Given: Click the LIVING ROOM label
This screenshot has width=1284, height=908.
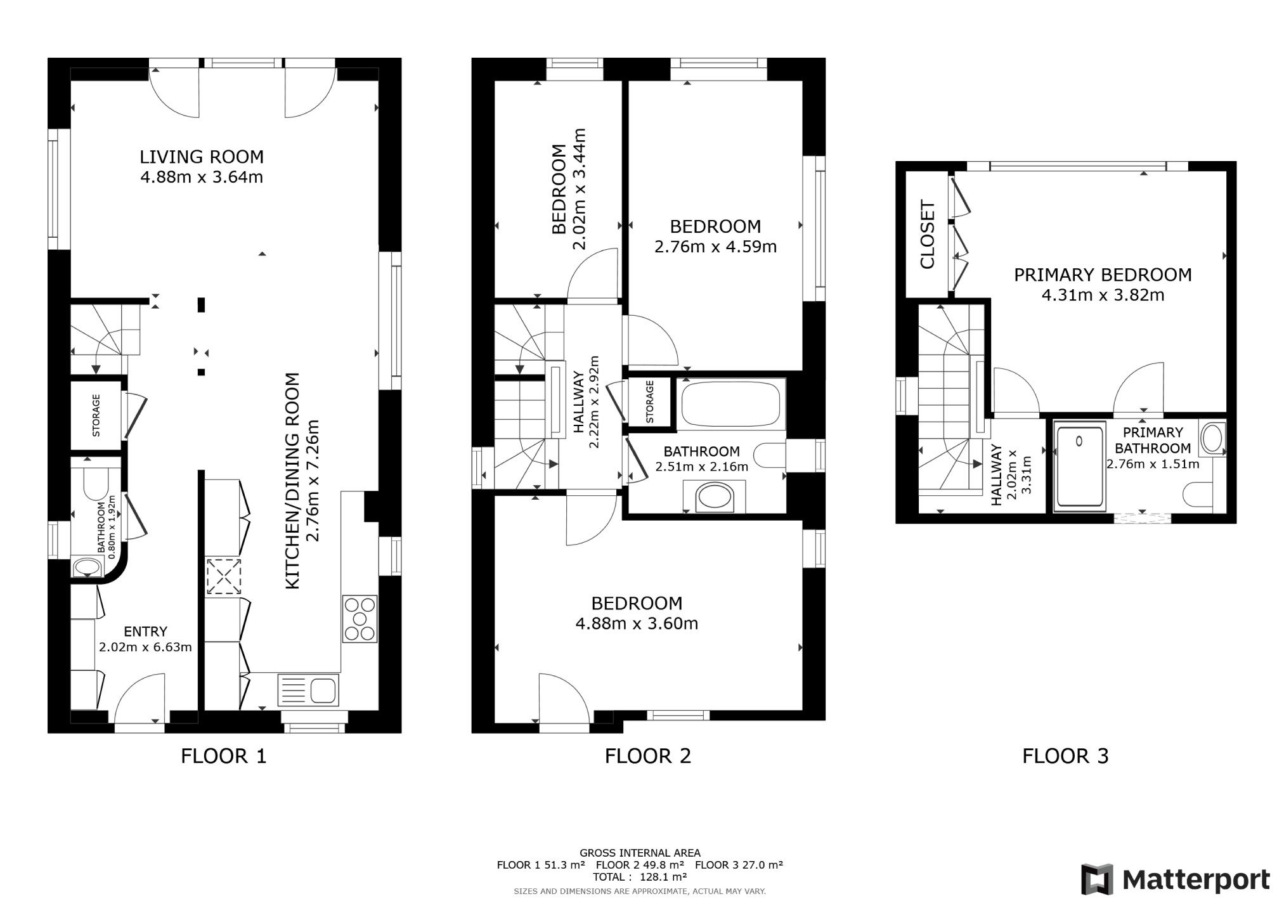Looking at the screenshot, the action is coord(202,157).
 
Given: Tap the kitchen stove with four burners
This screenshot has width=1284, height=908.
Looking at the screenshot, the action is coord(360,618).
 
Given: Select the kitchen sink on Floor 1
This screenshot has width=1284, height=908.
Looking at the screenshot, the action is coord(308,690).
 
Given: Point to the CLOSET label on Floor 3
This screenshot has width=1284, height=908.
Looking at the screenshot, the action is coord(927,235).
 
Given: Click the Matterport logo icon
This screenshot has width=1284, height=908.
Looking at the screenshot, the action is coord(1098,879).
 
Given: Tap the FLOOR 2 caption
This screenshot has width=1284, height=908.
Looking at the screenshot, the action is coord(647,756).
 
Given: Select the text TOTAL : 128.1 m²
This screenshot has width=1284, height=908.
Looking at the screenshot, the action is coord(640,878).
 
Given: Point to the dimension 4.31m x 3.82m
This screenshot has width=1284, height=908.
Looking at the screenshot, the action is coord(1103,295).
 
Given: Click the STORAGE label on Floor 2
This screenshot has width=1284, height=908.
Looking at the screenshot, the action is coord(649,402).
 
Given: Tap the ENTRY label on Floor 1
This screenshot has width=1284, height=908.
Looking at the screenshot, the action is coord(145,632).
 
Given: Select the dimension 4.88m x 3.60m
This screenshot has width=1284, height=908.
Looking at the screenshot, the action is coord(637,623).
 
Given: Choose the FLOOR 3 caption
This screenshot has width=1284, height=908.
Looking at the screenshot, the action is coord(1065,756).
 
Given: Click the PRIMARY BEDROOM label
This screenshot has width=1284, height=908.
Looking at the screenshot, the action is coord(1103,275).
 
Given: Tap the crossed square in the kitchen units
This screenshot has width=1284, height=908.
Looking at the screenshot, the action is coord(223,576).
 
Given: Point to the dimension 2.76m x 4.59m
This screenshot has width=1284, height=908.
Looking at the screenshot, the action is coord(715,247).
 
